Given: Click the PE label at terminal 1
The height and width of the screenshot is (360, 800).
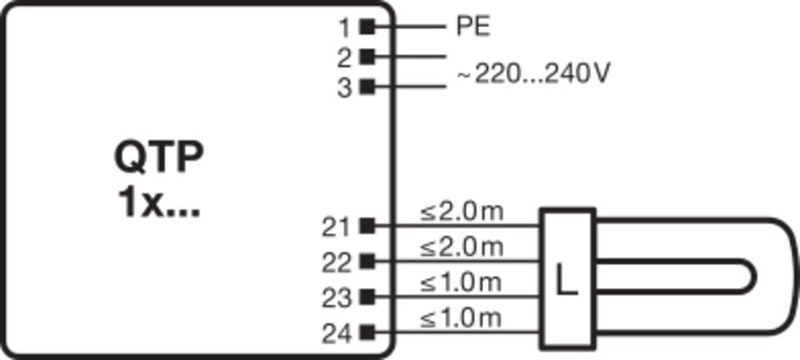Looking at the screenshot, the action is [x=473, y=26].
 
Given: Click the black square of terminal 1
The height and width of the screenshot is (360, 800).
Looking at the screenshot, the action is [x=367, y=26].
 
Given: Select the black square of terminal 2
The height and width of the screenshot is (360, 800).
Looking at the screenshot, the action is [x=367, y=57].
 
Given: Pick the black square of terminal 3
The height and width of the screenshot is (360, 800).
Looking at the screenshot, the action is [x=367, y=86].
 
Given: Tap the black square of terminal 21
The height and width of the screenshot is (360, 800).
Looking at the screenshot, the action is [x=367, y=226].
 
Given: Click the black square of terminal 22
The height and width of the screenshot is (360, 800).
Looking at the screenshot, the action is [x=367, y=261].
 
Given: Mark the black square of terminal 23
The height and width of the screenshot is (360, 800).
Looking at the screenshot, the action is [x=367, y=296].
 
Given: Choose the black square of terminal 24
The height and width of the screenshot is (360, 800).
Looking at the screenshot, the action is [x=367, y=333].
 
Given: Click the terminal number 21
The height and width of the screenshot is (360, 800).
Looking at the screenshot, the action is [x=337, y=227].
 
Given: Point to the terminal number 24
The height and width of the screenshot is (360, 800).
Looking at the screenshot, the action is [x=337, y=334].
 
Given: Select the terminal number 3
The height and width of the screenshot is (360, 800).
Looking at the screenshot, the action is [x=345, y=89].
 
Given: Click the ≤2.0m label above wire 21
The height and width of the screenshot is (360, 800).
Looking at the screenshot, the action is [x=462, y=212].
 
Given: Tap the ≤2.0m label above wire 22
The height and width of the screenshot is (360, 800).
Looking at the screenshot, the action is [x=462, y=247].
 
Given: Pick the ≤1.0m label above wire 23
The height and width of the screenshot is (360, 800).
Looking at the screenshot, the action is [x=461, y=283].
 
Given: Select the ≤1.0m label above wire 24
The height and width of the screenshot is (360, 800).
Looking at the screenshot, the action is [x=461, y=318].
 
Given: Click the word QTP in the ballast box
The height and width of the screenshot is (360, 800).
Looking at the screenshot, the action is [x=158, y=158].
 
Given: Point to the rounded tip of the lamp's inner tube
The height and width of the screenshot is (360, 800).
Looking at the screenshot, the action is [x=754, y=276].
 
